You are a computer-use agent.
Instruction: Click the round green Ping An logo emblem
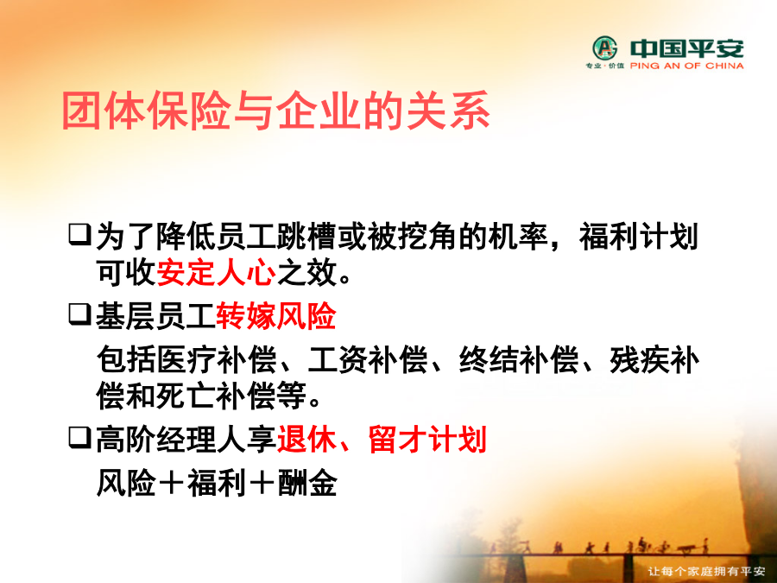605,48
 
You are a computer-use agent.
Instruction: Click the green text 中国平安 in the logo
687,48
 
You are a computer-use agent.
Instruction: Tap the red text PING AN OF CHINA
687,66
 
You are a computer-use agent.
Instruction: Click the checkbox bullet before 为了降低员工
79,234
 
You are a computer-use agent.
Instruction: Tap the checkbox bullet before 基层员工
79,314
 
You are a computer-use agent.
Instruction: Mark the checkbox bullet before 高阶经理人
79,437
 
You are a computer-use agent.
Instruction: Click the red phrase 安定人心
216,272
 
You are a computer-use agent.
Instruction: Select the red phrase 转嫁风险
276,316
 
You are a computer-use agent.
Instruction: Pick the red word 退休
306,439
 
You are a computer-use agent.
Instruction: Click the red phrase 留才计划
427,439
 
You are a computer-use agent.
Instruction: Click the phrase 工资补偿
367,359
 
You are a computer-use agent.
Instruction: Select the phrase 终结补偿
518,359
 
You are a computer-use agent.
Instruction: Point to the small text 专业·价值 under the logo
605,66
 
